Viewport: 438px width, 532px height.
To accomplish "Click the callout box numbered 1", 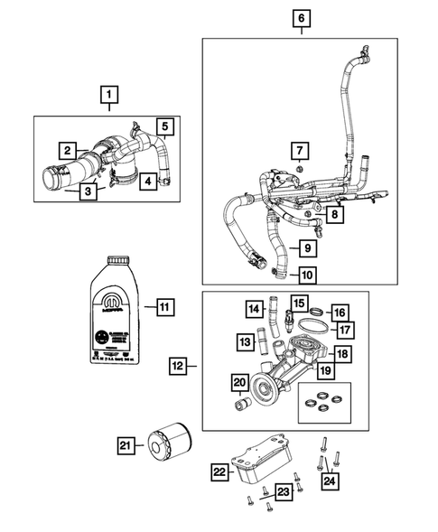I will [x=108, y=93].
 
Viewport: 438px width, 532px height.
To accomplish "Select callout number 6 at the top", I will [x=301, y=17].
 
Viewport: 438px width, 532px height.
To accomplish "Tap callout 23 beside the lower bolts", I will [x=283, y=491].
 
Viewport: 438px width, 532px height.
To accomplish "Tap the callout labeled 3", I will [x=88, y=191].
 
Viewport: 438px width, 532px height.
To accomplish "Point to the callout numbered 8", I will [x=334, y=214].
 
